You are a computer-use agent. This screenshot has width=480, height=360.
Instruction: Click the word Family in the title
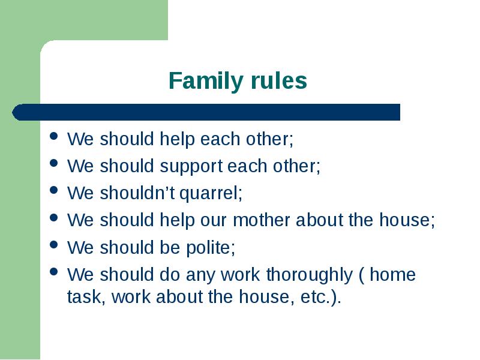206,81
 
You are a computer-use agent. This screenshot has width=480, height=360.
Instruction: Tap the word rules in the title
279,80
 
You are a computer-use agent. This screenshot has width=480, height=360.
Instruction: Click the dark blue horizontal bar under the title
206,112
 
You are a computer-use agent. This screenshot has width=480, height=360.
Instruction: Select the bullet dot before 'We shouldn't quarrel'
53,190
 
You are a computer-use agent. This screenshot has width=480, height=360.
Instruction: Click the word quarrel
211,194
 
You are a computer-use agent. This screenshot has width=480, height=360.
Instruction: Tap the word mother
261,220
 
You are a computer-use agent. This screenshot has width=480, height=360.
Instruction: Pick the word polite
211,248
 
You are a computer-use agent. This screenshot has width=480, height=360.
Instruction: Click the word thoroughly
310,275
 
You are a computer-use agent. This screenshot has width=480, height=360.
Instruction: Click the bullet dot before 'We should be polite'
53,244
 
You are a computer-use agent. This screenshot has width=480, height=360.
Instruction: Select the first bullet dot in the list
53,136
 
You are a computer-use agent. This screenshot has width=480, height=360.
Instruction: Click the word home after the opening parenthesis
392,274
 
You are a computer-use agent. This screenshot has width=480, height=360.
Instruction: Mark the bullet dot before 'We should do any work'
53,271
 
